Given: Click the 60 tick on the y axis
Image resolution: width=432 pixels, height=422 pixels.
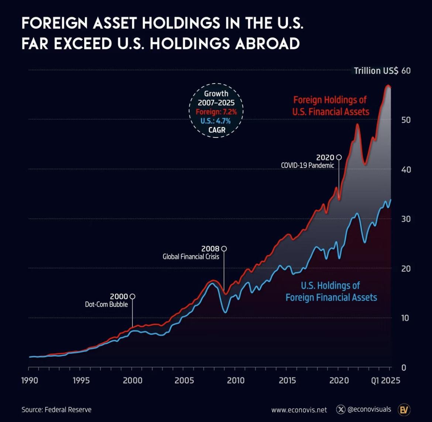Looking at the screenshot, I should tap(406, 71).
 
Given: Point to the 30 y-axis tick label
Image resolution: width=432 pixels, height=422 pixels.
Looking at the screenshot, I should tap(406, 219).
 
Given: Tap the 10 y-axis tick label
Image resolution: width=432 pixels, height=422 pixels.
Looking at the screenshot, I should tap(406, 318).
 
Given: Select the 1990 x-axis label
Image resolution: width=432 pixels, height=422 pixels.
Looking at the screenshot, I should tap(30, 381).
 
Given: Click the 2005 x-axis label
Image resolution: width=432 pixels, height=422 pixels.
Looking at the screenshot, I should tap(184, 381).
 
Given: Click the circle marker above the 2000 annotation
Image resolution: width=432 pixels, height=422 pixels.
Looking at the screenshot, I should tap(133, 296).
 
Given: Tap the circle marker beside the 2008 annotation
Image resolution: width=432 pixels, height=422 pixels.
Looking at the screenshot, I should tap(224, 249).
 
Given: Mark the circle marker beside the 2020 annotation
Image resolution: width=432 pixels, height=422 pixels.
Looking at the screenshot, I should tap(339, 157).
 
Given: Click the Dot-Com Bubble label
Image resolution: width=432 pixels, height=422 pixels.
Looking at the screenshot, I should tap(106, 304).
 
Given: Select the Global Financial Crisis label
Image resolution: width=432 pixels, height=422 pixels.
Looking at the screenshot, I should tap(191, 256).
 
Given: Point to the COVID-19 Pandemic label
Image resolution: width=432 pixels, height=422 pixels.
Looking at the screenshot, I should tap(307, 165).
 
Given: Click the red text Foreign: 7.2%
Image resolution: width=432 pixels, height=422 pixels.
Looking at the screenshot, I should tap(216, 112).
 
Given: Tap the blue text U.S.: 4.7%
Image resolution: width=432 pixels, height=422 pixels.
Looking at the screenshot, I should tap(216, 121).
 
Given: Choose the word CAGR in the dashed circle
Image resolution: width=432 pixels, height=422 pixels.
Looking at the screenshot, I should tap(216, 130).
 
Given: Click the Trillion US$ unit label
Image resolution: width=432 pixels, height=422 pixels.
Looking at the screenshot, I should tap(376, 71).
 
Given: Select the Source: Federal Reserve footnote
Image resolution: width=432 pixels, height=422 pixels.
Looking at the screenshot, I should tap(56, 409).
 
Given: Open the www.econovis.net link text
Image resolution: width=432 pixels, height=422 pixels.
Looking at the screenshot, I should tap(299, 409).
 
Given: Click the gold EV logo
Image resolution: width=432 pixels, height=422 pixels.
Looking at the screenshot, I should tap(404, 409).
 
